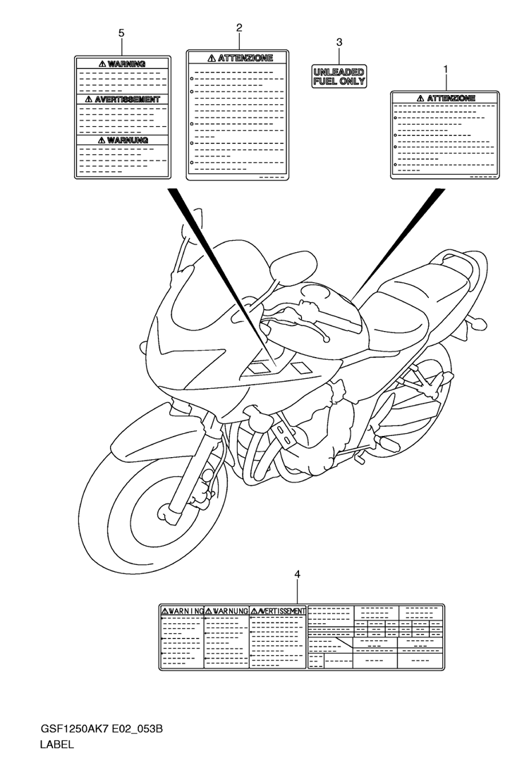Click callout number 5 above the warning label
[121, 33]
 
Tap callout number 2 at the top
[239, 27]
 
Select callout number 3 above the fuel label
[339, 42]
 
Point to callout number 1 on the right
[446, 70]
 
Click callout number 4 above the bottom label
[298, 574]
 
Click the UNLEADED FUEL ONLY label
[339, 77]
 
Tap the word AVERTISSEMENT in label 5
[128, 99]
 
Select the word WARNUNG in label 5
[128, 140]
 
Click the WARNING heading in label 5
[126, 63]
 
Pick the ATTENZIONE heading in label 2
[245, 58]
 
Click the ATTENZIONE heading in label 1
[451, 99]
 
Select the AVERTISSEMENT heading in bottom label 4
[281, 611]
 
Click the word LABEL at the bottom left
[57, 745]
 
